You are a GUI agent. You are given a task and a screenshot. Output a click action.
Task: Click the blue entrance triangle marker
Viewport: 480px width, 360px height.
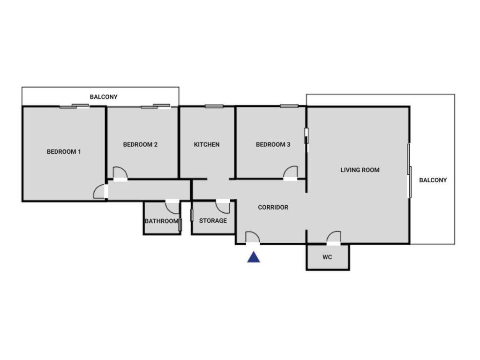click(x=254, y=257)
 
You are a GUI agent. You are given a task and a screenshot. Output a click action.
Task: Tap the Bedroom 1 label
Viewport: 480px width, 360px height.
click(x=64, y=151)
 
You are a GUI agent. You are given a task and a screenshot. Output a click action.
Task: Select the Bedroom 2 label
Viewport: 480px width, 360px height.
click(x=140, y=144)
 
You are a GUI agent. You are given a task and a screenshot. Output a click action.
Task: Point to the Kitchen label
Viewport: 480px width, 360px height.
click(x=207, y=144)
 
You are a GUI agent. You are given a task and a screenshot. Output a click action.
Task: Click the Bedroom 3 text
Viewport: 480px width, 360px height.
click(x=273, y=144)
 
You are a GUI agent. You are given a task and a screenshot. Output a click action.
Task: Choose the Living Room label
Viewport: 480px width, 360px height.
click(x=360, y=170)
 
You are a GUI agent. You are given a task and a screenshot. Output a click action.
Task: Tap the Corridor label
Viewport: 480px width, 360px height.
click(x=273, y=207)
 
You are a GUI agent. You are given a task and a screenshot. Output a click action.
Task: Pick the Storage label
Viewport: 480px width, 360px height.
click(x=213, y=220)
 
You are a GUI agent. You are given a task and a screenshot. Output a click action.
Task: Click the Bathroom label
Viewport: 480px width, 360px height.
click(x=161, y=221)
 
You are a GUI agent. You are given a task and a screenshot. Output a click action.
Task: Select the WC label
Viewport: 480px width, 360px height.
click(x=327, y=257)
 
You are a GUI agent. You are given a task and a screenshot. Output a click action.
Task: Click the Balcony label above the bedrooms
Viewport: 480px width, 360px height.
click(x=104, y=97)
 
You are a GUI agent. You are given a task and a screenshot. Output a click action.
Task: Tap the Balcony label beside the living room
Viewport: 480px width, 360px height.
click(x=433, y=180)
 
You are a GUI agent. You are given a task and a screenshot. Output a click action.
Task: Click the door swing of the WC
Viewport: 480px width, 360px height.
click(x=334, y=237)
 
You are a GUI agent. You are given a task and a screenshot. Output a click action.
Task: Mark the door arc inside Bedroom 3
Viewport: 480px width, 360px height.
click(x=291, y=172)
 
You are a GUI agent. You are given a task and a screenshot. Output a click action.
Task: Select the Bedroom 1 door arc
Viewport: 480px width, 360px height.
click(x=99, y=192)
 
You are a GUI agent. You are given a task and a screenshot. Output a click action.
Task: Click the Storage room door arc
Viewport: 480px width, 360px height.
click(x=223, y=207)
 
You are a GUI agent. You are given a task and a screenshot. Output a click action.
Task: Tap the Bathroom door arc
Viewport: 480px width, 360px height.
click(x=172, y=207)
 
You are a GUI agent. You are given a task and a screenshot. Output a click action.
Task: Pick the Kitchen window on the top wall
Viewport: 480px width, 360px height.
click(x=214, y=106)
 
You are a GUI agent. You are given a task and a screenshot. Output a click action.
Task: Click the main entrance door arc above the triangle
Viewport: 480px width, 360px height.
click(x=253, y=237)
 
